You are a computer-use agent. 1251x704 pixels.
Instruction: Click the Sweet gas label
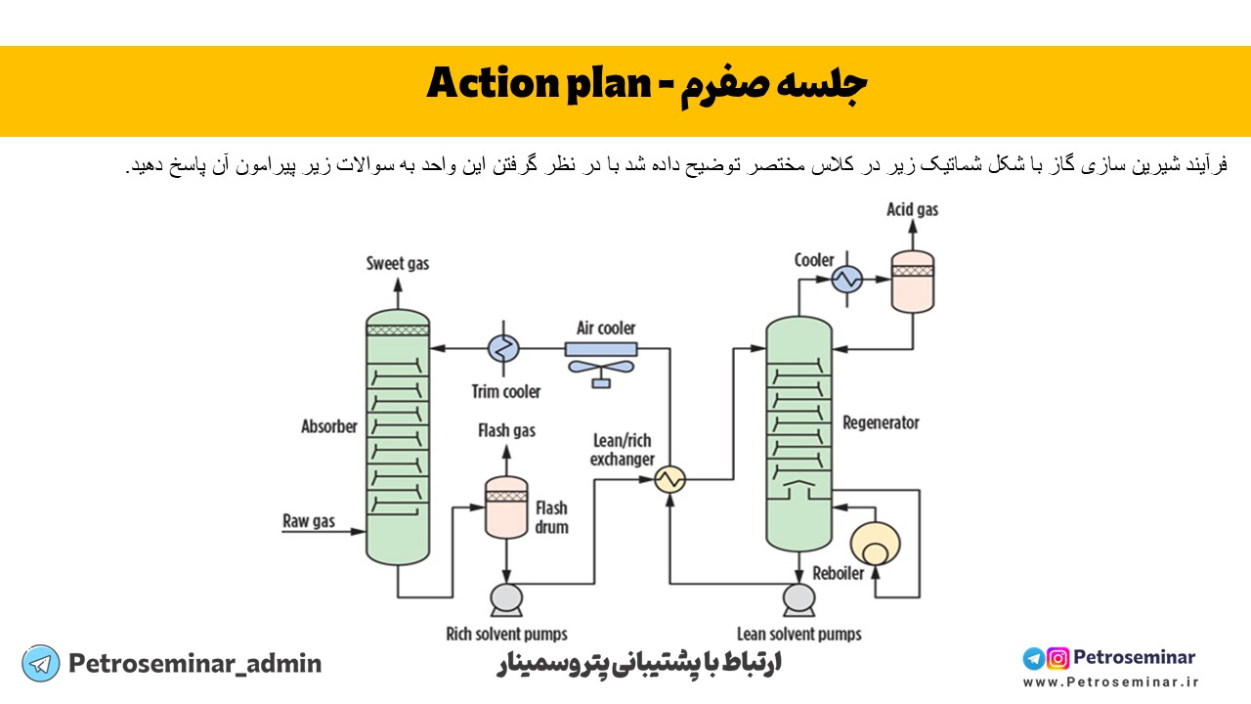point(397,263)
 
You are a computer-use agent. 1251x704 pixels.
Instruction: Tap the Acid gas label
point(912,209)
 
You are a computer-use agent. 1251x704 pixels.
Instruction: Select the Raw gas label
point(309,521)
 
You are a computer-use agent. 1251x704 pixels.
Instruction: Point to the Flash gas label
point(506,430)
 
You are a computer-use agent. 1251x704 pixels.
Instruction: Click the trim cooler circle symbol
point(504,347)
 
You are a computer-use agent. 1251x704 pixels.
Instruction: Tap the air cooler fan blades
point(600,368)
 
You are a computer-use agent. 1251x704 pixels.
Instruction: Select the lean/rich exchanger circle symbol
point(670,478)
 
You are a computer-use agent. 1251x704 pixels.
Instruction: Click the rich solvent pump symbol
point(505,597)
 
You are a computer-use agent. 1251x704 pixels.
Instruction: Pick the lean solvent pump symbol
point(798,597)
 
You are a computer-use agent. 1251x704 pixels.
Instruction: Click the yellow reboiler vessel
point(876,544)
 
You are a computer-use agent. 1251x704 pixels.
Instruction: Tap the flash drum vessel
point(506,507)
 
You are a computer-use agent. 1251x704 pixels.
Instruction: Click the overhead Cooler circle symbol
point(844,280)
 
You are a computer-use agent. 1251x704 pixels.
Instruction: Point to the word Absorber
point(329,427)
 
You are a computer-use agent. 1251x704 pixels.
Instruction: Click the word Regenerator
point(881,423)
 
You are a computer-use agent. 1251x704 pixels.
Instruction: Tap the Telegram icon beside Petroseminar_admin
point(40,664)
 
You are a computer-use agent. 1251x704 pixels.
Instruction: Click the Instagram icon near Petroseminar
point(1057,658)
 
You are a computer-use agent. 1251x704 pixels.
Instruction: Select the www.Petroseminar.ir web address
point(1110,682)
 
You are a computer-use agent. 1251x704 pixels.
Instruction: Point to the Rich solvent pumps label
point(506,634)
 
